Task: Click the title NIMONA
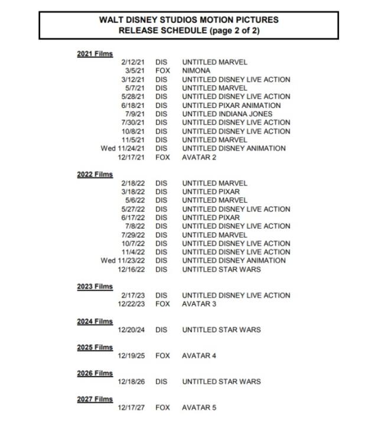coord(196,70)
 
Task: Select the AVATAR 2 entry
coord(198,157)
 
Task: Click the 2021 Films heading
coord(95,54)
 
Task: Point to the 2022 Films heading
coord(95,175)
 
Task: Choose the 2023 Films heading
coord(95,287)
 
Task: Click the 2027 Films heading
coord(95,399)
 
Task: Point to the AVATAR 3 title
coord(198,304)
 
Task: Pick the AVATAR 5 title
coord(198,407)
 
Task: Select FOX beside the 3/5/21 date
coord(162,70)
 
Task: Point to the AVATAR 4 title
coord(198,355)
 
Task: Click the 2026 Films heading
coord(95,373)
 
